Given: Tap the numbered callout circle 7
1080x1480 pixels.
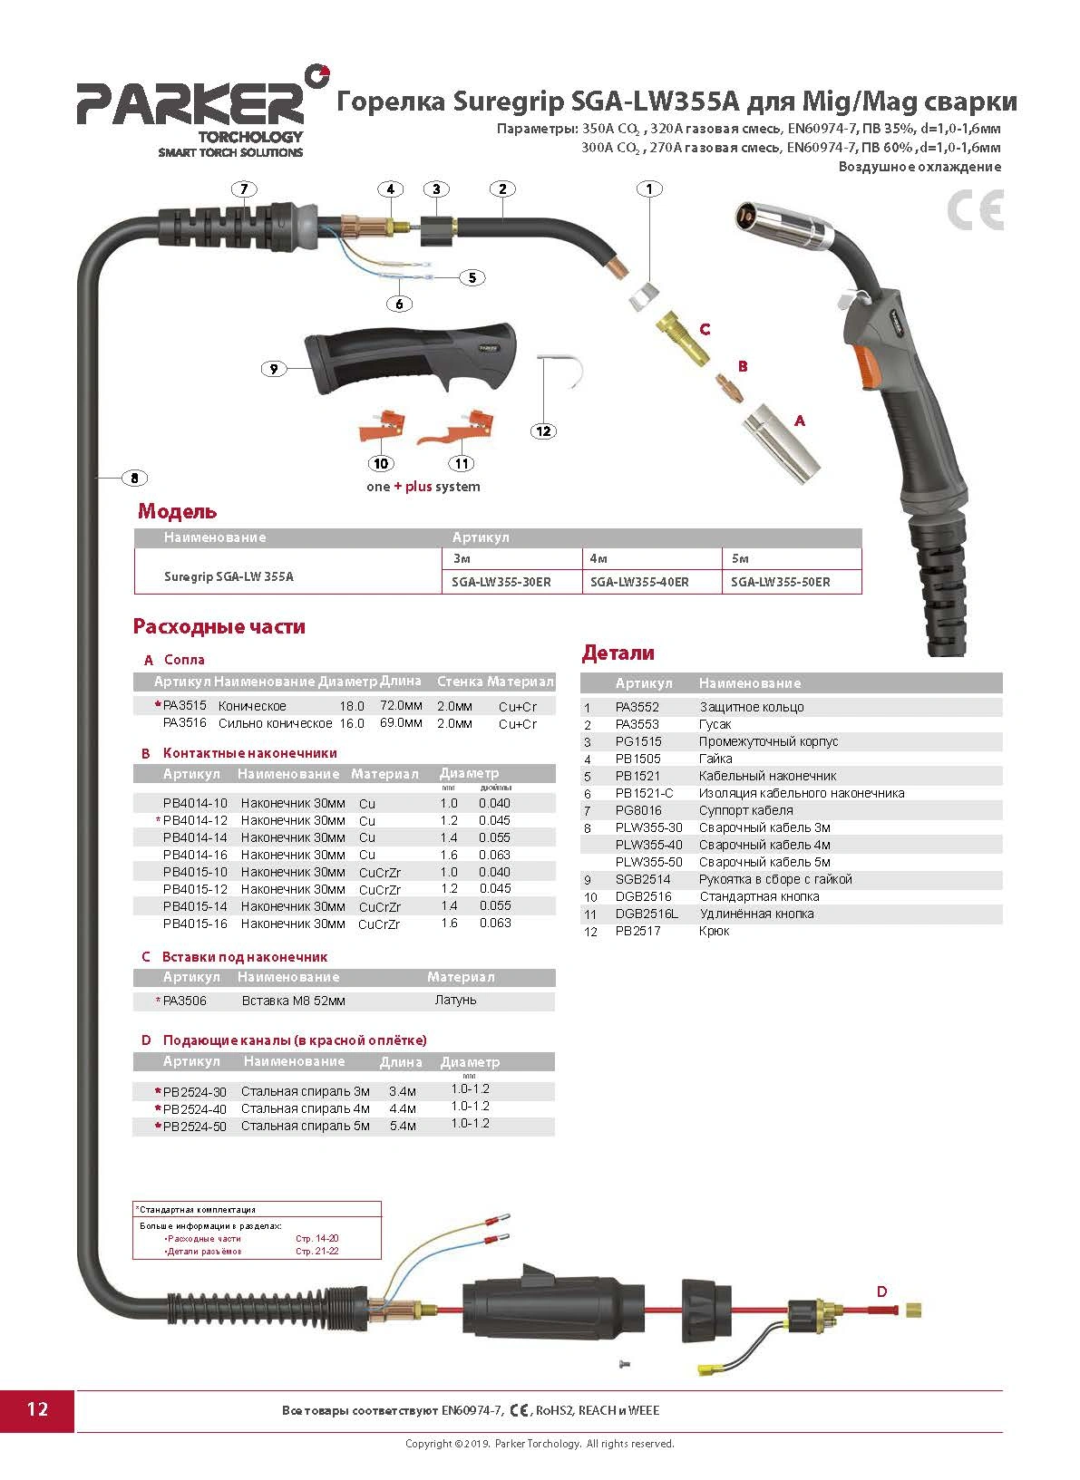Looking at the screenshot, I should coord(243,189).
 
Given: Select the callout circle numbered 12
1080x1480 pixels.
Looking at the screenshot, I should coord(543,431).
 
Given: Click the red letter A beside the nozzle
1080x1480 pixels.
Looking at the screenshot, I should coord(799,421).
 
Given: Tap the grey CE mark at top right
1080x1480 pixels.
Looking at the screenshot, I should coord(976,210).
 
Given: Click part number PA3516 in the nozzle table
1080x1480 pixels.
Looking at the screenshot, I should coord(185,723).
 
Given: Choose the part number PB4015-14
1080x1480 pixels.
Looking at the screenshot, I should coord(195,906).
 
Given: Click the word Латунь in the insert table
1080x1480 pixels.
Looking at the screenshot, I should coord(455,1001).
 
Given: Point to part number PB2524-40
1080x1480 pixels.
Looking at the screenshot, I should coord(195,1108).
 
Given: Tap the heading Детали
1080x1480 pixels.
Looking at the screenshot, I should coord(618,653).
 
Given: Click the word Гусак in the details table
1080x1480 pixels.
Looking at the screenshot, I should coord(715,724).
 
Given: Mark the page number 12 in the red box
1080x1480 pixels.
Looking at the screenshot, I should coord(37,1409).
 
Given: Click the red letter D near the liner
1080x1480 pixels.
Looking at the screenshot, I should coord(881,1291).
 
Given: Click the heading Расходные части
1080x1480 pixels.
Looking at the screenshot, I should coord(219,626).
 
